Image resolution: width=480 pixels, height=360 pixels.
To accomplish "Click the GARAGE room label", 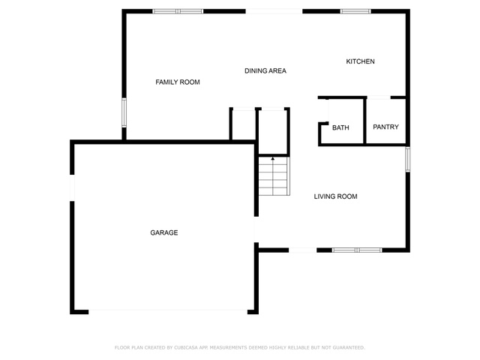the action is (x=163, y=232).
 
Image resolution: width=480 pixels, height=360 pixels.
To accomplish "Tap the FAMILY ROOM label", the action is (x=178, y=82).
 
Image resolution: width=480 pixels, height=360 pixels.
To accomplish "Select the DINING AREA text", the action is (x=265, y=70).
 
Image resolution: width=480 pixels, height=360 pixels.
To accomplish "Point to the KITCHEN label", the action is (x=360, y=61).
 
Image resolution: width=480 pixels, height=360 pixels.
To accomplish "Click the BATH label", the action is (x=340, y=127).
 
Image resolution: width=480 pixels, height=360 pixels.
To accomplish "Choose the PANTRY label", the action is (x=385, y=127).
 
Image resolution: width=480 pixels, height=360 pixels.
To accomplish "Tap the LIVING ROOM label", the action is (x=335, y=196).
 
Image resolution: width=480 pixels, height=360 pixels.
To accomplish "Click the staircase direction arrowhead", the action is (x=272, y=158).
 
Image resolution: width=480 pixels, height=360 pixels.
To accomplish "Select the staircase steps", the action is (x=274, y=176).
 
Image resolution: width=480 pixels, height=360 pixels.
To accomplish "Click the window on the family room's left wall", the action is (x=124, y=112).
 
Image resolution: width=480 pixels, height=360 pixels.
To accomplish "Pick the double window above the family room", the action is (x=178, y=11).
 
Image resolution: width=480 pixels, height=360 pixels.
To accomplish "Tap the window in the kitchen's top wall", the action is (x=355, y=11).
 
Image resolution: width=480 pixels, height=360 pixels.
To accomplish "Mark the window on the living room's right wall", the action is (x=408, y=159).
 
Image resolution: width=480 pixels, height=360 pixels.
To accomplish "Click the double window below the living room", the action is (x=357, y=250).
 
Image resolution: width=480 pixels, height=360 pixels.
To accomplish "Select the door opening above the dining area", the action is (x=274, y=11).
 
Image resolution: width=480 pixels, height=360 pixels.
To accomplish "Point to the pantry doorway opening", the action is (x=379, y=97).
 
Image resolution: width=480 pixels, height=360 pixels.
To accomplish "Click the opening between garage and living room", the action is (x=256, y=229).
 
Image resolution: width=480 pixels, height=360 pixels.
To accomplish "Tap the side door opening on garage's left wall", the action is (x=72, y=187).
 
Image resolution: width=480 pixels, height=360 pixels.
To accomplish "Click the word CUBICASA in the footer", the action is (x=186, y=347).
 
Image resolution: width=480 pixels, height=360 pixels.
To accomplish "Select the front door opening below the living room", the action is (x=302, y=250).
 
